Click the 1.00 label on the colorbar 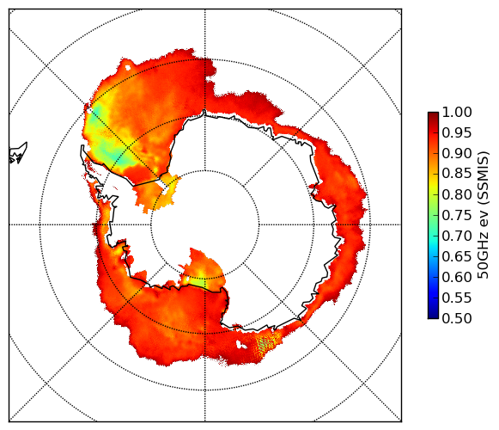click(x=457, y=112)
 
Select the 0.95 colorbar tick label click(x=457, y=133)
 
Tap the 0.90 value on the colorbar click(x=457, y=153)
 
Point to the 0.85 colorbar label click(x=457, y=174)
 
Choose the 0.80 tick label click(x=457, y=194)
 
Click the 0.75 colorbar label click(x=457, y=215)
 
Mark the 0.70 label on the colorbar click(x=457, y=236)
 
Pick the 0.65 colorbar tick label click(x=457, y=256)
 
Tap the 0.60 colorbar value click(x=457, y=277)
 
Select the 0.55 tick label click(x=457, y=298)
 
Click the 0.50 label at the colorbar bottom click(x=457, y=318)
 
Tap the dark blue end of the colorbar click(x=433, y=316)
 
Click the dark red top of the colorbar click(x=433, y=114)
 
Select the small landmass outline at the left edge click(x=18, y=153)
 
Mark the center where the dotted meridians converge click(x=205, y=224)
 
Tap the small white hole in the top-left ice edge click(x=128, y=68)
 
